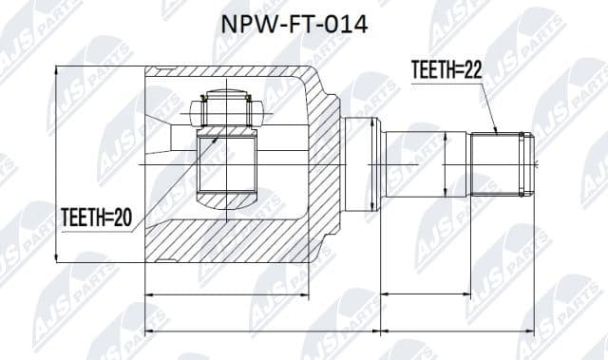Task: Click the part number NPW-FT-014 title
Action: pos(304,22)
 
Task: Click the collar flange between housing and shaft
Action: pos(360,163)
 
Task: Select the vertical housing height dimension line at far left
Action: pos(58,163)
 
